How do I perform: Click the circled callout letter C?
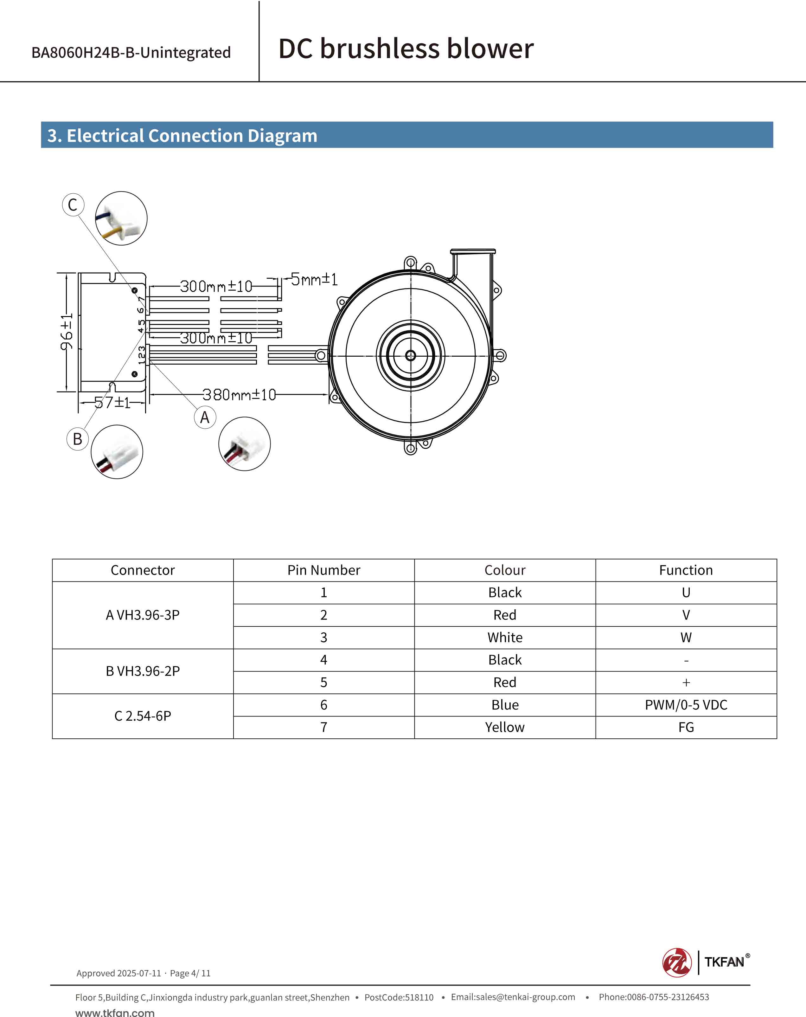[73, 205]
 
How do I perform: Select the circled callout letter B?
[78, 439]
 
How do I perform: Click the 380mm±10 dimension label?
[239, 394]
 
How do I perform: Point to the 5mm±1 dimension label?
[314, 279]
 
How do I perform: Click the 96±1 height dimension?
[67, 332]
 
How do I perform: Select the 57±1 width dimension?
[112, 402]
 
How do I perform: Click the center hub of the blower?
[411, 355]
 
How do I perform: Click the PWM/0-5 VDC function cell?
[686, 705]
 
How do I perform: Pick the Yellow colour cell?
[504, 727]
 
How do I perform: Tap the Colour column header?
[504, 570]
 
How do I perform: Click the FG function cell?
[686, 727]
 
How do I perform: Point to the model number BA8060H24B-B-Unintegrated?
[131, 52]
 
